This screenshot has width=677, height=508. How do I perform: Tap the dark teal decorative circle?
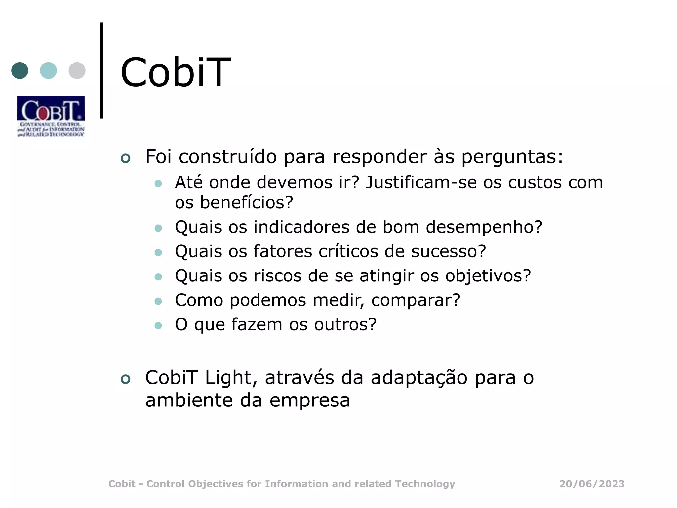click(20, 70)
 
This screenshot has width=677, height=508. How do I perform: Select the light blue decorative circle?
click(48, 70)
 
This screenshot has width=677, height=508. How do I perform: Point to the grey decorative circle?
click(77, 70)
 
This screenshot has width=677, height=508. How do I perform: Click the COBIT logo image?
click(51, 116)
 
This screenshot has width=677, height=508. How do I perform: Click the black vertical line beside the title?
click(101, 70)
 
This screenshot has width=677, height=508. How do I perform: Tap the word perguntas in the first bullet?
click(512, 157)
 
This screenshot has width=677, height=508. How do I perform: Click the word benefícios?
click(246, 202)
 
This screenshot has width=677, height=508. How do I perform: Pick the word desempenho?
click(484, 227)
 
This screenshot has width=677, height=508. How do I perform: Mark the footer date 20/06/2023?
click(592, 484)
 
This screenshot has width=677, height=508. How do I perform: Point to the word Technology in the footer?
click(425, 484)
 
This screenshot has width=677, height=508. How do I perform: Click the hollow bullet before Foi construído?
click(126, 158)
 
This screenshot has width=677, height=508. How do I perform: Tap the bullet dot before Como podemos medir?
click(158, 301)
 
